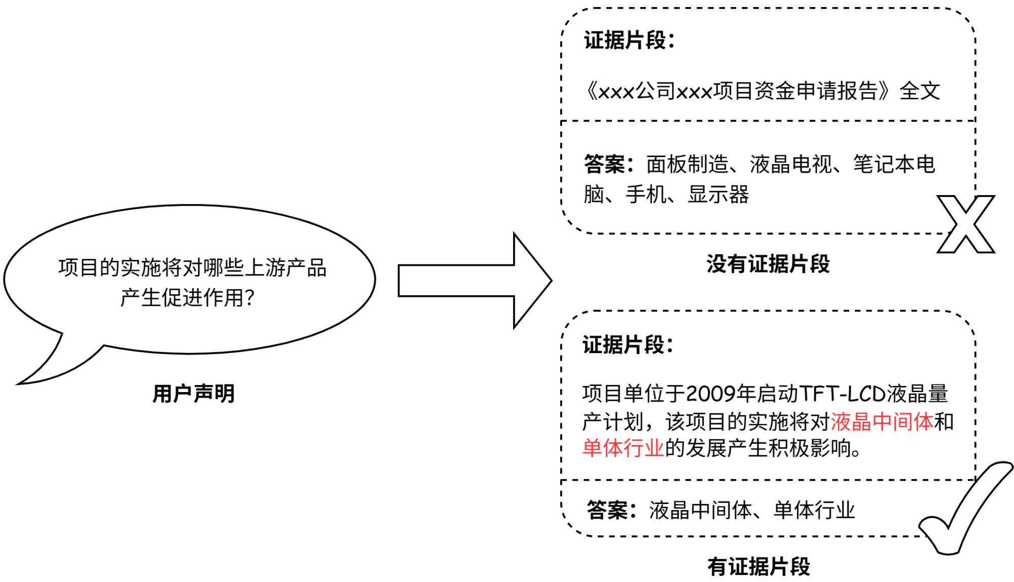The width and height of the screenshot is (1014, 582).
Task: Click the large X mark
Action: click(x=965, y=224)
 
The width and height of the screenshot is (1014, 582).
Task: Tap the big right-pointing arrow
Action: click(x=474, y=280)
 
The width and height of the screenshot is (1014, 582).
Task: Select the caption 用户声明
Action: click(x=194, y=394)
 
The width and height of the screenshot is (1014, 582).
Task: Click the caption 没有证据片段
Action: click(x=768, y=264)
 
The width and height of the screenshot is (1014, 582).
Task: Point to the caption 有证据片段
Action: click(x=759, y=566)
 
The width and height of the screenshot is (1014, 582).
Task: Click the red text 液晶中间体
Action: click(x=882, y=421)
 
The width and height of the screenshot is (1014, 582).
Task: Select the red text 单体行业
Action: click(x=623, y=448)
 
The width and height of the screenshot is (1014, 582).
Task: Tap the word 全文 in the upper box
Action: click(x=920, y=91)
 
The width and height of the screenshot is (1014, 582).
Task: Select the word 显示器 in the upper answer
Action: click(x=718, y=195)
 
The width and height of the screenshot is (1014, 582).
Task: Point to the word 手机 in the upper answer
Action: click(x=646, y=195)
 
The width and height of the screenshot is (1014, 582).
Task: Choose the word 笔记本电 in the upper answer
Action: click(x=894, y=164)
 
